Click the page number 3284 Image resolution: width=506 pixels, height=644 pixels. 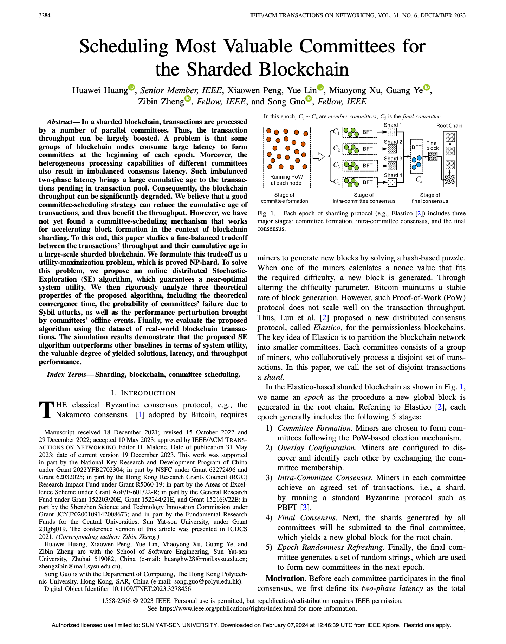45,15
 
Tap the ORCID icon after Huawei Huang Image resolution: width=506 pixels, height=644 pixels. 131,87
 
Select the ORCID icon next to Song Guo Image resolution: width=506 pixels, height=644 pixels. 309,98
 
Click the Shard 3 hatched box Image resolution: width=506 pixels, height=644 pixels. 392,165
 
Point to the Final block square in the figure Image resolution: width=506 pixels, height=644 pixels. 433,156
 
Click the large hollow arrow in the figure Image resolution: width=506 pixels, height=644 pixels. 318,157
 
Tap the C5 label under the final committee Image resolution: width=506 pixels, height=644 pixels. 419,180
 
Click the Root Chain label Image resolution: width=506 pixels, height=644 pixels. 449,125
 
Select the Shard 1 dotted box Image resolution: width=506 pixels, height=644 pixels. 392,132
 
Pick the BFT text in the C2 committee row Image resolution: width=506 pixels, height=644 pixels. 368,149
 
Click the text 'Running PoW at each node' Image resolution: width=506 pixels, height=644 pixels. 286,180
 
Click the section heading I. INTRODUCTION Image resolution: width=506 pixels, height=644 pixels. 143,393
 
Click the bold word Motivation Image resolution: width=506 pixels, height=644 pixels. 286,578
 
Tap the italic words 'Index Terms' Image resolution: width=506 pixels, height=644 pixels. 66,374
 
